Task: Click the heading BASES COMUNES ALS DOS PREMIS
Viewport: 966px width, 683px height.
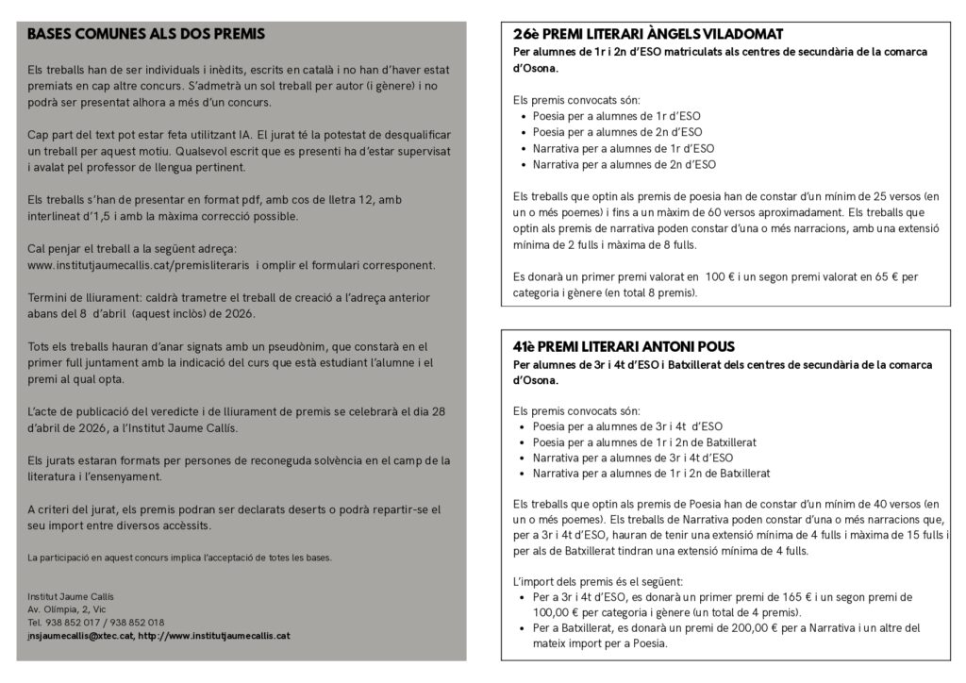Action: click(146, 34)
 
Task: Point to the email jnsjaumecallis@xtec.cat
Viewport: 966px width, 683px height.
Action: click(79, 636)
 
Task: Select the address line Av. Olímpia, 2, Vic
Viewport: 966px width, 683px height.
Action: click(69, 609)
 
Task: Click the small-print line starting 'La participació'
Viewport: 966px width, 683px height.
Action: click(179, 558)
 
